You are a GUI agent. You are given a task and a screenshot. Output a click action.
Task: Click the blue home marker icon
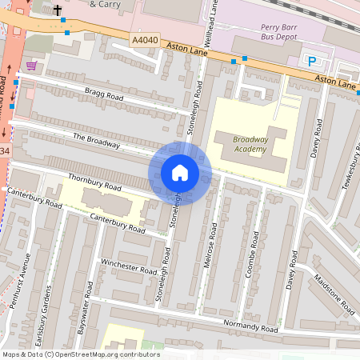pos(180,173)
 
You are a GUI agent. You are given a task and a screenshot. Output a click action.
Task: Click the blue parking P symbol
pos(312,61)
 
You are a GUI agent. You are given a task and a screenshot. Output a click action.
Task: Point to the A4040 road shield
pos(146,38)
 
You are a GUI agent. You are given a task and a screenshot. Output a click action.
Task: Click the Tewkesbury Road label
pos(349,165)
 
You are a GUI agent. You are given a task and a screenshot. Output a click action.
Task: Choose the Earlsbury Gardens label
pos(48,310)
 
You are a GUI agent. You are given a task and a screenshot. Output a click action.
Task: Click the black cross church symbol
pos(58,11)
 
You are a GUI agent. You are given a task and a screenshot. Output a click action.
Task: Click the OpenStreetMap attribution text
pos(80,354)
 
